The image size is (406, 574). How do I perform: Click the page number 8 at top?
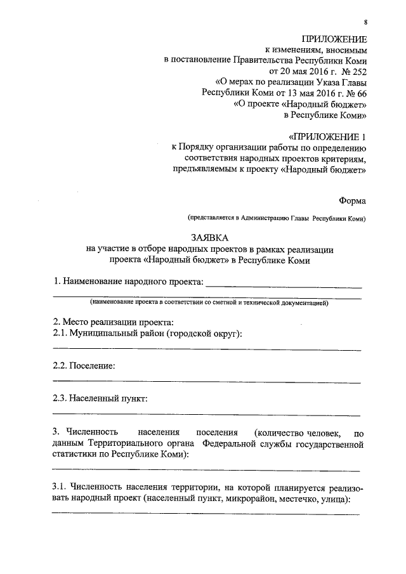(x=364, y=22)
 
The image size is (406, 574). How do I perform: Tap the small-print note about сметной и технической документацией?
(x=209, y=303)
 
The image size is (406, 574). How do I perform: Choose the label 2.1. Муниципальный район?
(x=147, y=334)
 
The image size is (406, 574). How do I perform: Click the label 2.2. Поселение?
(x=84, y=366)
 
